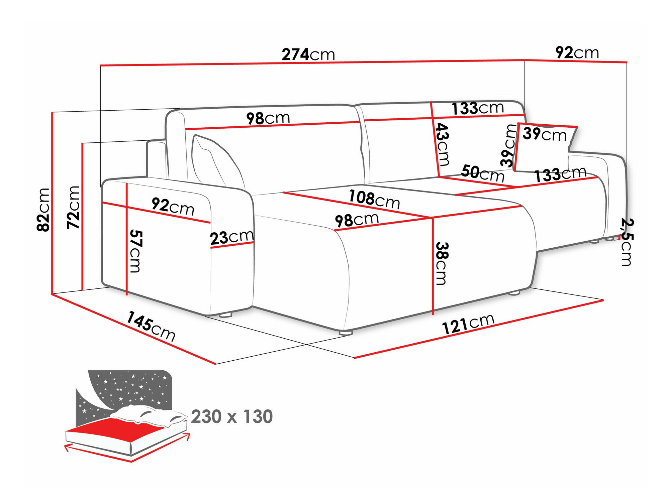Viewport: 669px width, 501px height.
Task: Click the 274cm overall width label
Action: click(308, 54)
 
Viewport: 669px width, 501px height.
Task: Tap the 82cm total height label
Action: click(43, 210)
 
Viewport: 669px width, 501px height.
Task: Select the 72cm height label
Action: click(73, 207)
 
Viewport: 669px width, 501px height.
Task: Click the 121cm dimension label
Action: click(468, 324)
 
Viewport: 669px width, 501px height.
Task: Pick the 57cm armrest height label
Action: click(135, 251)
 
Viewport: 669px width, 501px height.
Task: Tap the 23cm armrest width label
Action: click(232, 237)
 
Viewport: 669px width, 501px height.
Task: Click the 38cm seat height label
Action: click(442, 263)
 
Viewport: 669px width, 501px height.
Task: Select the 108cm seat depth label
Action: click(374, 199)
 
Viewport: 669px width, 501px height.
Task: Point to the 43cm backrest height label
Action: click(443, 144)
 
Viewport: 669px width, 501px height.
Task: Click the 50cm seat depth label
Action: click(482, 173)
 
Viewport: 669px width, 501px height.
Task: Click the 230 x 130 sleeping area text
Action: click(232, 416)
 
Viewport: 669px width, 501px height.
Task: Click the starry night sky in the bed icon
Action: click(134, 388)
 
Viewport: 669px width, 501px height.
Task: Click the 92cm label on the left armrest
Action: click(173, 206)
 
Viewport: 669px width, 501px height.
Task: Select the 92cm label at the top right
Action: click(577, 52)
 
